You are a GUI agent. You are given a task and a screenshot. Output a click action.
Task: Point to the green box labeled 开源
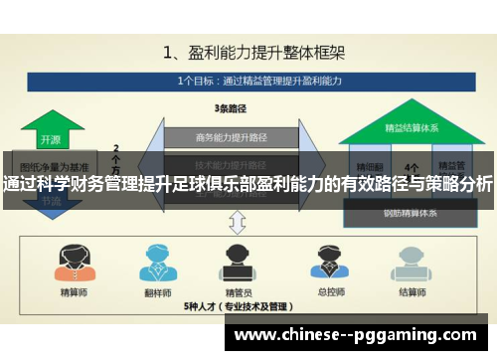(50, 140)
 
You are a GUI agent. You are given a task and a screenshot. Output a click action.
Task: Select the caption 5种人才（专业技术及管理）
(239, 307)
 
